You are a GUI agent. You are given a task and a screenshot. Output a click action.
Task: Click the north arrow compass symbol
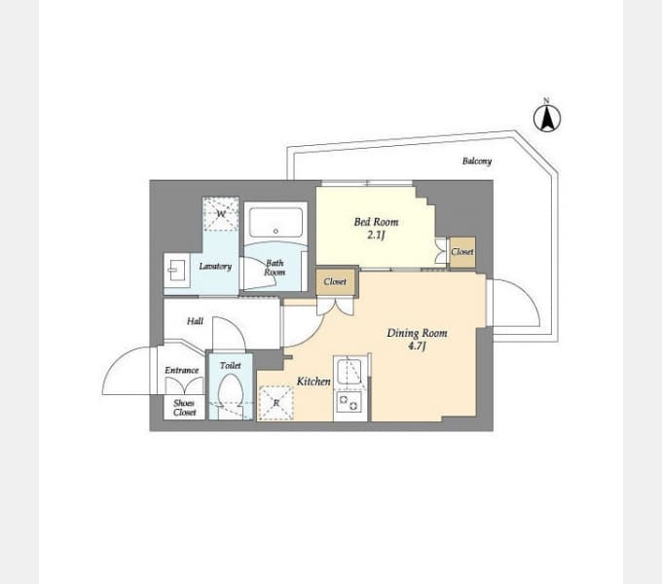547,118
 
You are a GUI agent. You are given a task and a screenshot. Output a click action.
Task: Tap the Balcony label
477,162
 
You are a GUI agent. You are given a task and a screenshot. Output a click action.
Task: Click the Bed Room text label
376,222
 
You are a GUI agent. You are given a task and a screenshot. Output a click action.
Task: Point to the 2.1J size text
376,235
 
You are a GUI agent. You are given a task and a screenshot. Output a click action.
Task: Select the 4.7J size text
417,347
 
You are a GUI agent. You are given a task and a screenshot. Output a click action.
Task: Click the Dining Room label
417,333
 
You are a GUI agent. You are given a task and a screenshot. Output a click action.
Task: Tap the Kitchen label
313,382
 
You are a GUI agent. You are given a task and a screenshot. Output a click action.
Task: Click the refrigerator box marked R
276,403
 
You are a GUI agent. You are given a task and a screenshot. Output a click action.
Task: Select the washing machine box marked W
220,213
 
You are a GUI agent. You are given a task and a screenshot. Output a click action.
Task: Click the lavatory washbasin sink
177,270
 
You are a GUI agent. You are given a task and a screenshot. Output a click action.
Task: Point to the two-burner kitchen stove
349,402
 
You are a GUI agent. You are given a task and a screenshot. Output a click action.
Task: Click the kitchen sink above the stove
349,372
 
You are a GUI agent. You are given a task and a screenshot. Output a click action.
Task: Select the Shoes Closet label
185,408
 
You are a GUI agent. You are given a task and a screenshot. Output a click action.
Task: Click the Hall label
195,321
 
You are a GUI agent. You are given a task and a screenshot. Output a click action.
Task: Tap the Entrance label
181,370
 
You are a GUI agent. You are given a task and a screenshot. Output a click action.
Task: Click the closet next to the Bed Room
462,252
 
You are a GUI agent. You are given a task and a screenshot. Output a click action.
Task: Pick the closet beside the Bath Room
335,281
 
